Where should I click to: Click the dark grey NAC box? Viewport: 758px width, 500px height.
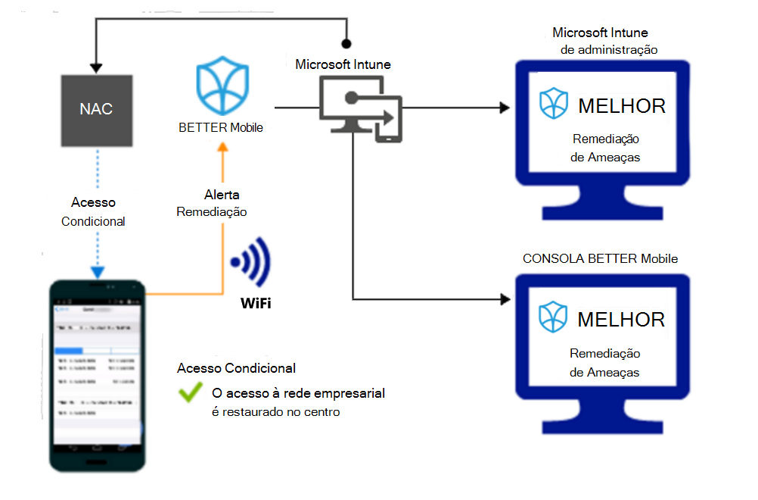(x=96, y=109)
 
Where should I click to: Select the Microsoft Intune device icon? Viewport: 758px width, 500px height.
(x=361, y=111)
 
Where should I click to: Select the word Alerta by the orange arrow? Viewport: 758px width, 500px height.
(x=222, y=195)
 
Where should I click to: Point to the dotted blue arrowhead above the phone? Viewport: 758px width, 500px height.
(x=96, y=271)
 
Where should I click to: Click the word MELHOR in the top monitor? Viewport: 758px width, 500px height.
(x=622, y=106)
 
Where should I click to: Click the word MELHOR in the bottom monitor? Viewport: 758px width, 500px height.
(x=622, y=320)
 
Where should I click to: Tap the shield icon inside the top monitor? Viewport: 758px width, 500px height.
(x=554, y=105)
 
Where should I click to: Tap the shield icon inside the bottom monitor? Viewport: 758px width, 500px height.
(x=554, y=318)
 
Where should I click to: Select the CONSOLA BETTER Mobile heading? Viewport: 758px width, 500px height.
(x=600, y=259)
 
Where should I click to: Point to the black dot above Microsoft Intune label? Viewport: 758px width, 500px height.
(x=346, y=44)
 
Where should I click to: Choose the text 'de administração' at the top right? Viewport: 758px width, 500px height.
(x=609, y=49)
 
